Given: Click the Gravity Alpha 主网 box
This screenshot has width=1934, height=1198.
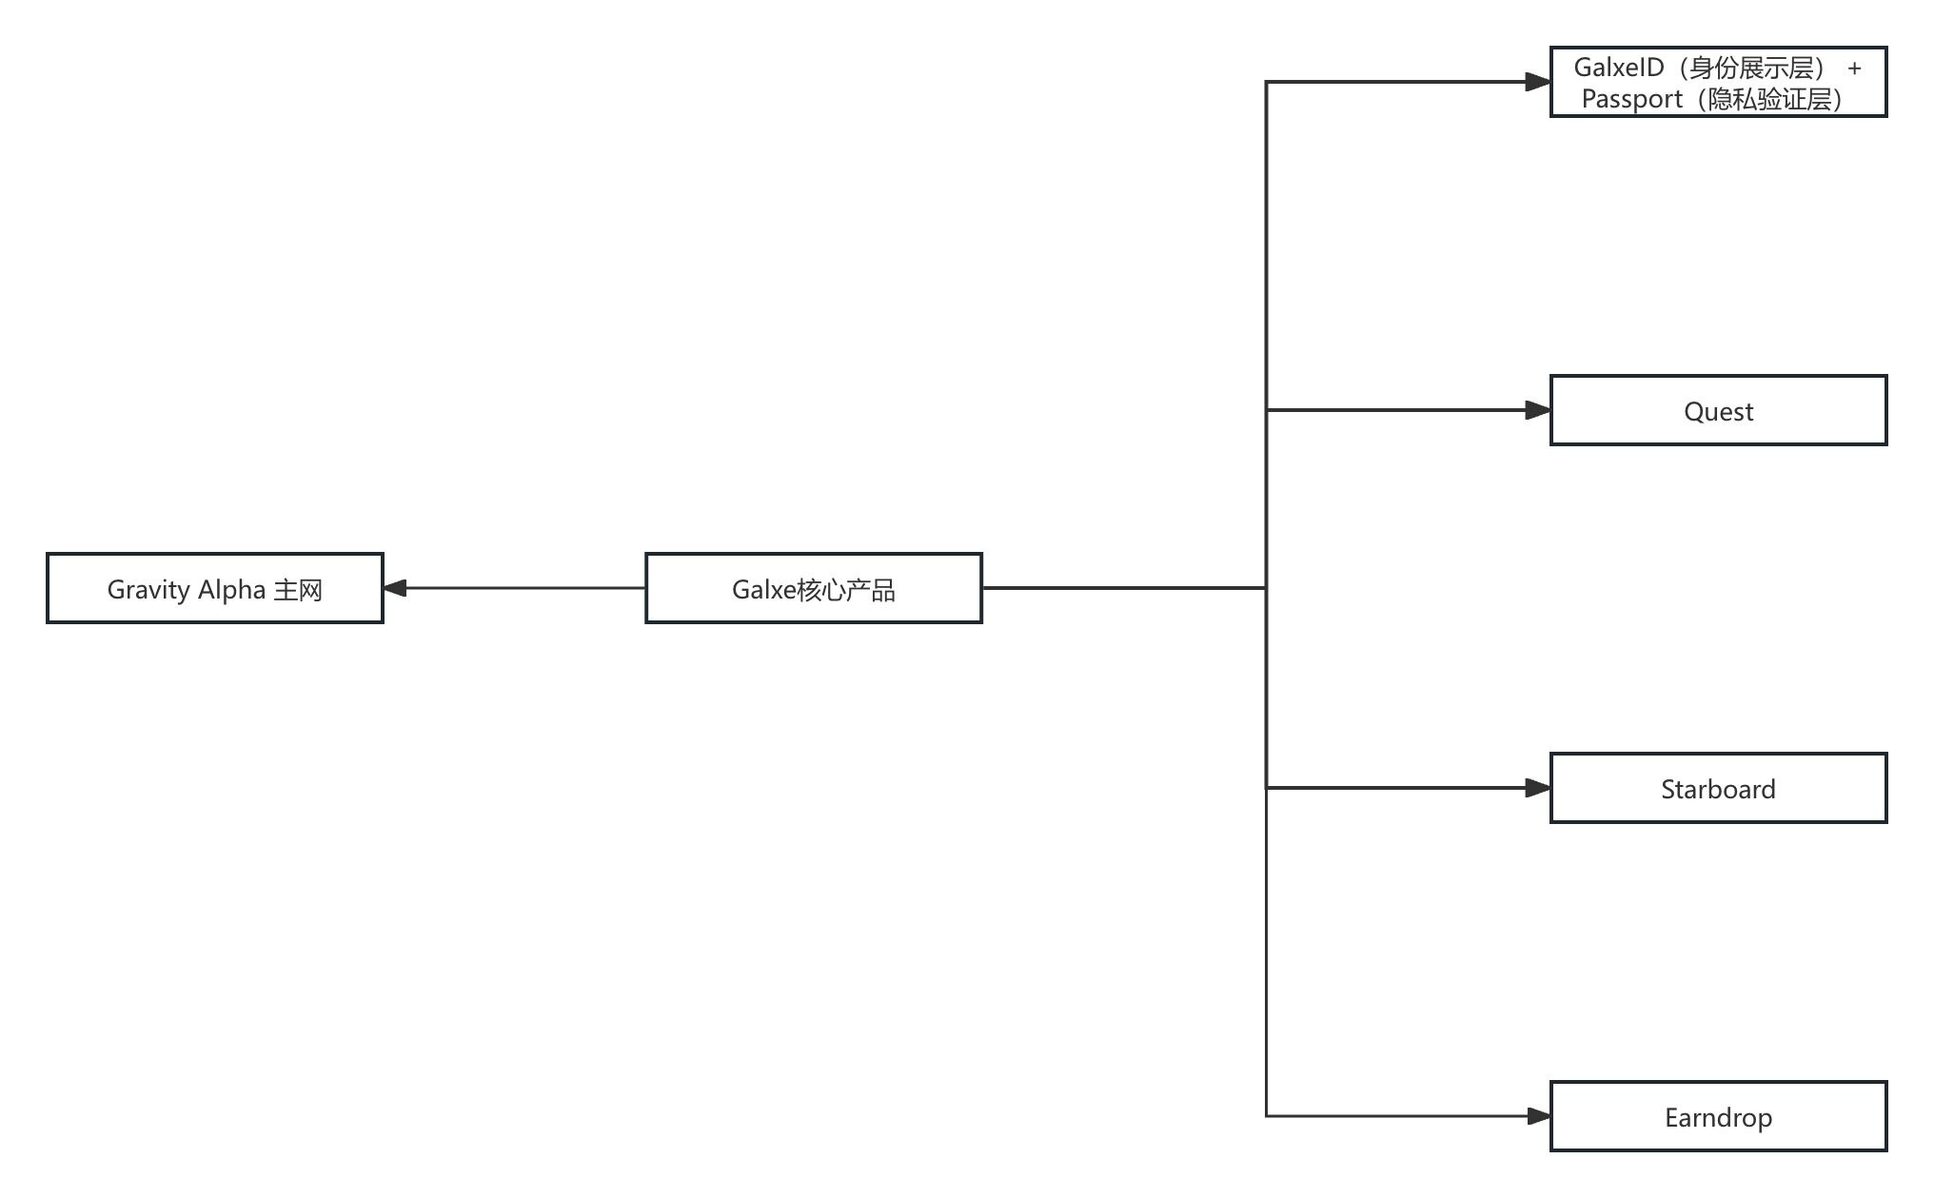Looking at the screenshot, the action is pos(215,588).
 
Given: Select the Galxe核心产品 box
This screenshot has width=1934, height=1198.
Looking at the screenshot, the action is pos(814,588).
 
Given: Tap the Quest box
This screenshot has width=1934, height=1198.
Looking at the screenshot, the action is pos(1719,410).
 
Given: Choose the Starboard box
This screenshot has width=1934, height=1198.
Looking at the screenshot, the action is pos(1719,788).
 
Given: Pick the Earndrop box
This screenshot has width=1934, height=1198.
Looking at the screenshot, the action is pos(1719,1116).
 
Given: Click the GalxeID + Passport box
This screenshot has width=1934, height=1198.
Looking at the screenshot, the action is pos(1719,82).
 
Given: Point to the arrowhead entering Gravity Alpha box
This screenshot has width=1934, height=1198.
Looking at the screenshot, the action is pos(395,588).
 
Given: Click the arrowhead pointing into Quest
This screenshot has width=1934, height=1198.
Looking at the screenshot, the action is pos(1538,410).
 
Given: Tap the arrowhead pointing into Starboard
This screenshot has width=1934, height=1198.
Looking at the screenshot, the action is pos(1538,788).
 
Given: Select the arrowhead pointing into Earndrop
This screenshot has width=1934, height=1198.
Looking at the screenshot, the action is pos(1538,1116).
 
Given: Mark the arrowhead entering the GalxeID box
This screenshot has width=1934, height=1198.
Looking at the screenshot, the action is pos(1538,82).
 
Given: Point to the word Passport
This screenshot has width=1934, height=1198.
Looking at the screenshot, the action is pos(1631,99).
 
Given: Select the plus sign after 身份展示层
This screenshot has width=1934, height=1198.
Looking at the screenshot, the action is pos(1854,69).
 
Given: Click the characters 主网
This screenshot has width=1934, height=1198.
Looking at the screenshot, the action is pos(298,590).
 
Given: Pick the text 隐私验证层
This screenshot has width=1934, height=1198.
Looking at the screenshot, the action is pos(1769,99).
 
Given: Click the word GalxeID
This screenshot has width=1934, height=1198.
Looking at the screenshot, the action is pos(1619,68).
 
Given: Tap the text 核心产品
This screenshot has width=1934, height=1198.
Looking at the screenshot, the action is pos(846,590).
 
